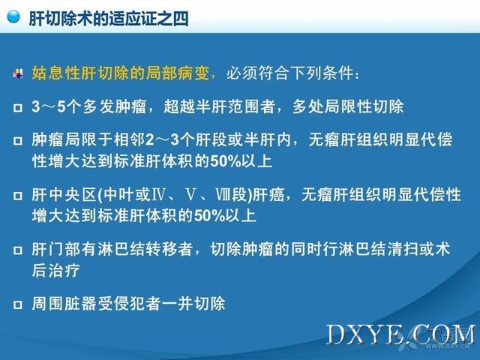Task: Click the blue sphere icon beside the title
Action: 13,16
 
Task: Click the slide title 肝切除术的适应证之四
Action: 109,18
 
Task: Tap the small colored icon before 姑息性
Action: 18,73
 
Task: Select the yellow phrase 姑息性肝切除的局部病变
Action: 121,73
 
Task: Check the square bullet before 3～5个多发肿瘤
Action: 18,107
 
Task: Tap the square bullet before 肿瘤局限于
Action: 18,140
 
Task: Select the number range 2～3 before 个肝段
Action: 162,140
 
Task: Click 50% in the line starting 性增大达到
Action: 226,161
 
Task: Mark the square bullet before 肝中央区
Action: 18,195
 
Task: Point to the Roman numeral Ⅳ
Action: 158,195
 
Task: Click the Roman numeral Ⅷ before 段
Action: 223,195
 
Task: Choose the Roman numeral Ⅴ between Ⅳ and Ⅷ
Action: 190,195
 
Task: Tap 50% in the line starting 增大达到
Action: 210,216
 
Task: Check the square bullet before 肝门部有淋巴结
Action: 18,250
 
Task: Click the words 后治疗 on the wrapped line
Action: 55,270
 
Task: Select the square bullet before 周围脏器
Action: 18,304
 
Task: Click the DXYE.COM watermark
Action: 401,334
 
